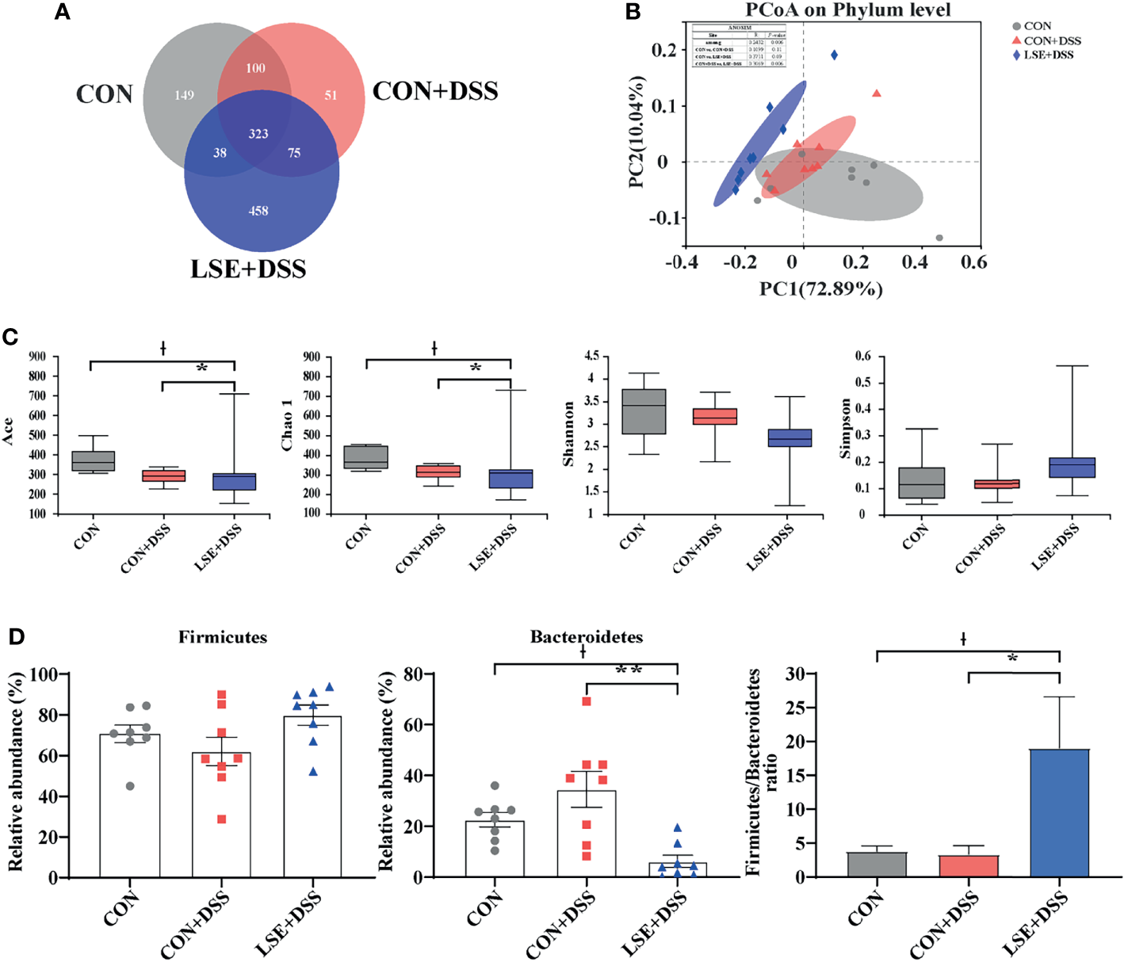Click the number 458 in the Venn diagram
[258, 211]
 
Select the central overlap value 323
[258, 134]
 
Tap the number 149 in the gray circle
[184, 95]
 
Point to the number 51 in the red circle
[331, 95]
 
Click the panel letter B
[633, 12]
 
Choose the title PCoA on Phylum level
[848, 10]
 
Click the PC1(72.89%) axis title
[821, 289]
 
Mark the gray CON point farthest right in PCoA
[939, 238]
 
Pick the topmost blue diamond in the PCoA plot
[835, 55]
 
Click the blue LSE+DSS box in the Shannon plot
[789, 438]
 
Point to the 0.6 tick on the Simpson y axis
[862, 357]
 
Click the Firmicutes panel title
[223, 637]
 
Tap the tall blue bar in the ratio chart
[1059, 812]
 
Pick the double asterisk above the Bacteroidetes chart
[629, 670]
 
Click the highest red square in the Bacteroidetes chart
[587, 701]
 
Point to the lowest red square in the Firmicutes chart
[222, 819]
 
